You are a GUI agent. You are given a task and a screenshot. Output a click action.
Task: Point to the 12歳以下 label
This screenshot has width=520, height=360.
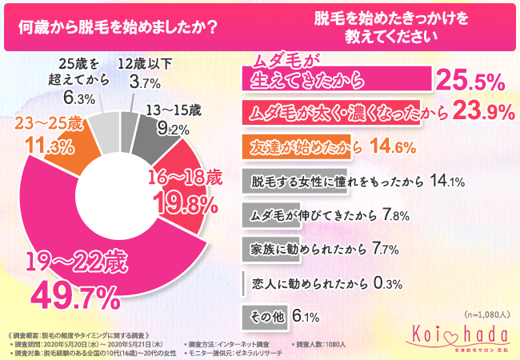(146, 64)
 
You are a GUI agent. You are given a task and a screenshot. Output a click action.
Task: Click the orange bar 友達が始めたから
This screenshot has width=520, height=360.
(304, 146)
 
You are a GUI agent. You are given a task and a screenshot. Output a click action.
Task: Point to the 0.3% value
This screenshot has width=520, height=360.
(386, 282)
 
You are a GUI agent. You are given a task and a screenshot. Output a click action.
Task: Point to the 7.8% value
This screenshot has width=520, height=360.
(374, 214)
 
